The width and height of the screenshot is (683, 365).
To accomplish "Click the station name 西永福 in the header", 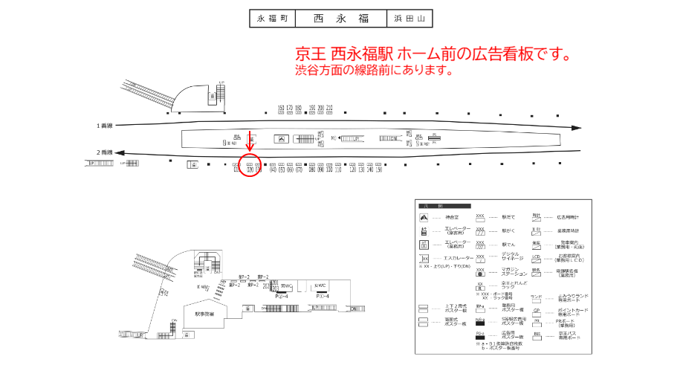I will [x=340, y=18].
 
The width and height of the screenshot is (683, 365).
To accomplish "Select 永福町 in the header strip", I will [x=272, y=18].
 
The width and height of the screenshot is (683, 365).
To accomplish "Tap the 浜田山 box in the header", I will [x=409, y=18].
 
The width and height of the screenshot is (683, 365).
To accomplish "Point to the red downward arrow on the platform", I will [x=250, y=140].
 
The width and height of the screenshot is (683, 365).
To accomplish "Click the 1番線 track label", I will [x=104, y=125].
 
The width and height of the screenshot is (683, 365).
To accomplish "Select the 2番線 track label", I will [x=104, y=152].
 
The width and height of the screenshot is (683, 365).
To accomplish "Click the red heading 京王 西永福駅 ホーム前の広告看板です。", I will [x=433, y=55].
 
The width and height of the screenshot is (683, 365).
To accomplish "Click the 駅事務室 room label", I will [x=204, y=314].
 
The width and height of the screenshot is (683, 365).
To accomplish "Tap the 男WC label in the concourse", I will [x=288, y=285].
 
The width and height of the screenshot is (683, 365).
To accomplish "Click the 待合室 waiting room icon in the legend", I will [x=424, y=218].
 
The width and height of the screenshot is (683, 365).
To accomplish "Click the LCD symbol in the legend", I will [x=536, y=258].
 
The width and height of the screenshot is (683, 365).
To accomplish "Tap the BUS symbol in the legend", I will [x=536, y=336].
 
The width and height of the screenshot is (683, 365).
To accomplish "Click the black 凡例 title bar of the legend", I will [x=443, y=205].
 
